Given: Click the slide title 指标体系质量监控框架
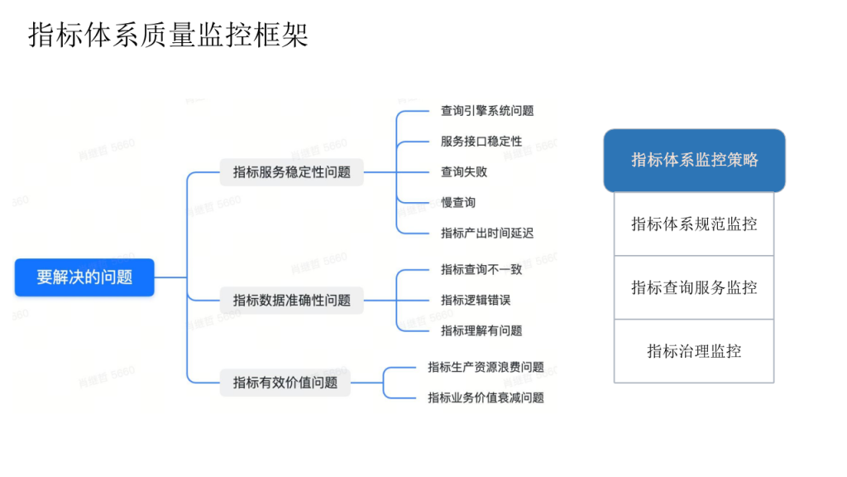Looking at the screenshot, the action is [168, 35].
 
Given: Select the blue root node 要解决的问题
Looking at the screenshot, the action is [84, 277].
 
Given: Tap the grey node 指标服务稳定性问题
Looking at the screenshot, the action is [292, 172].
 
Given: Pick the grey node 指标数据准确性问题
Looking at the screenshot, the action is [292, 300].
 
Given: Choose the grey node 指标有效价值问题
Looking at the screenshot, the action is [285, 383].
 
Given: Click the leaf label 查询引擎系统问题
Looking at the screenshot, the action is [487, 111].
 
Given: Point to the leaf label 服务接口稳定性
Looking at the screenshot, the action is [481, 141].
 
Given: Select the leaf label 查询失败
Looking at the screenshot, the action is [464, 172].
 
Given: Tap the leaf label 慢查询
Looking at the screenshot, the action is [458, 203].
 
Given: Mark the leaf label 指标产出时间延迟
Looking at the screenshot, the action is [487, 233].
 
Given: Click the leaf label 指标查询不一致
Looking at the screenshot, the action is [481, 269].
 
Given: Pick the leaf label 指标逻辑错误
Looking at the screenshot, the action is [476, 300].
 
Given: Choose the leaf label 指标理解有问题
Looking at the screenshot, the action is [481, 330].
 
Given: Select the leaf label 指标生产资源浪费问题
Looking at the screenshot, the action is [486, 367].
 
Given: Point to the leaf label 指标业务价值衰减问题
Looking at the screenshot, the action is [486, 398].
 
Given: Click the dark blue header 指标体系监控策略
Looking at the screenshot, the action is [694, 160].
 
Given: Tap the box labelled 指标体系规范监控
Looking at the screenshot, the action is [694, 224].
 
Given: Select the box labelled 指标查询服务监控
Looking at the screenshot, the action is [694, 287].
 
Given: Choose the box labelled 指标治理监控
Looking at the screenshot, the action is [694, 351].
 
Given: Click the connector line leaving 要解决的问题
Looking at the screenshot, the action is [170, 277].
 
